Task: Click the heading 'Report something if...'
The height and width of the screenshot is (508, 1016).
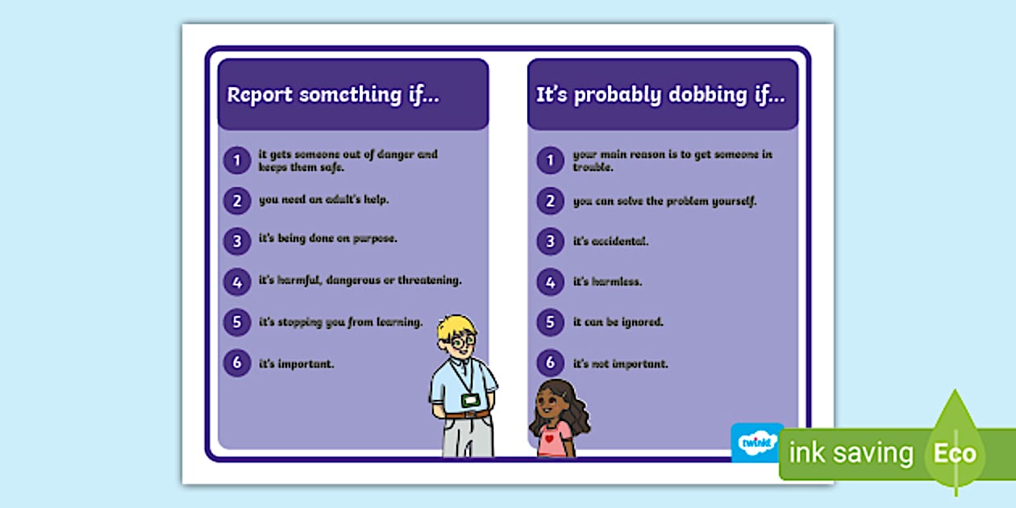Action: [x=333, y=94]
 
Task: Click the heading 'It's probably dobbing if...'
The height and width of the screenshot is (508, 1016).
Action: [x=660, y=94]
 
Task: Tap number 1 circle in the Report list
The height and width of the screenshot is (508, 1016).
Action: [x=236, y=160]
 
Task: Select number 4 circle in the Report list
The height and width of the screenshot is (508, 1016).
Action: [x=236, y=281]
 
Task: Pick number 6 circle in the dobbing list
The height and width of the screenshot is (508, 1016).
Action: [x=550, y=364]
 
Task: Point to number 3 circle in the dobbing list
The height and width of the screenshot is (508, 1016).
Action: [x=550, y=241]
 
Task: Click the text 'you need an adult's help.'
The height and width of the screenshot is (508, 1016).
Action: [x=323, y=199]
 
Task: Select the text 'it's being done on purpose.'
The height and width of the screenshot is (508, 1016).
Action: [x=327, y=239]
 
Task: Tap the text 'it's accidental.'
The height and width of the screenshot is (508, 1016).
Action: [x=610, y=241]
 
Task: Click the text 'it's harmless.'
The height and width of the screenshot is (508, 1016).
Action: [x=606, y=282]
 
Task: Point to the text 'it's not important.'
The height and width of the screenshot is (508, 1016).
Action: [x=620, y=364]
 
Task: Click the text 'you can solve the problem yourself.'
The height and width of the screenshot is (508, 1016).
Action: [x=664, y=201]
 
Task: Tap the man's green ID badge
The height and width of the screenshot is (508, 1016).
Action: [x=470, y=400]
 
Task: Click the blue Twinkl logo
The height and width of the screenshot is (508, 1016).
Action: [x=756, y=442]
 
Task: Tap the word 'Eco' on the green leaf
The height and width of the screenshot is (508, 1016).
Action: [x=955, y=453]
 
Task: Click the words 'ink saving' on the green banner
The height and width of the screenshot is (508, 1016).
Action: [x=851, y=454]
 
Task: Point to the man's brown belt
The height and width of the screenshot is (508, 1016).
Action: [x=467, y=414]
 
